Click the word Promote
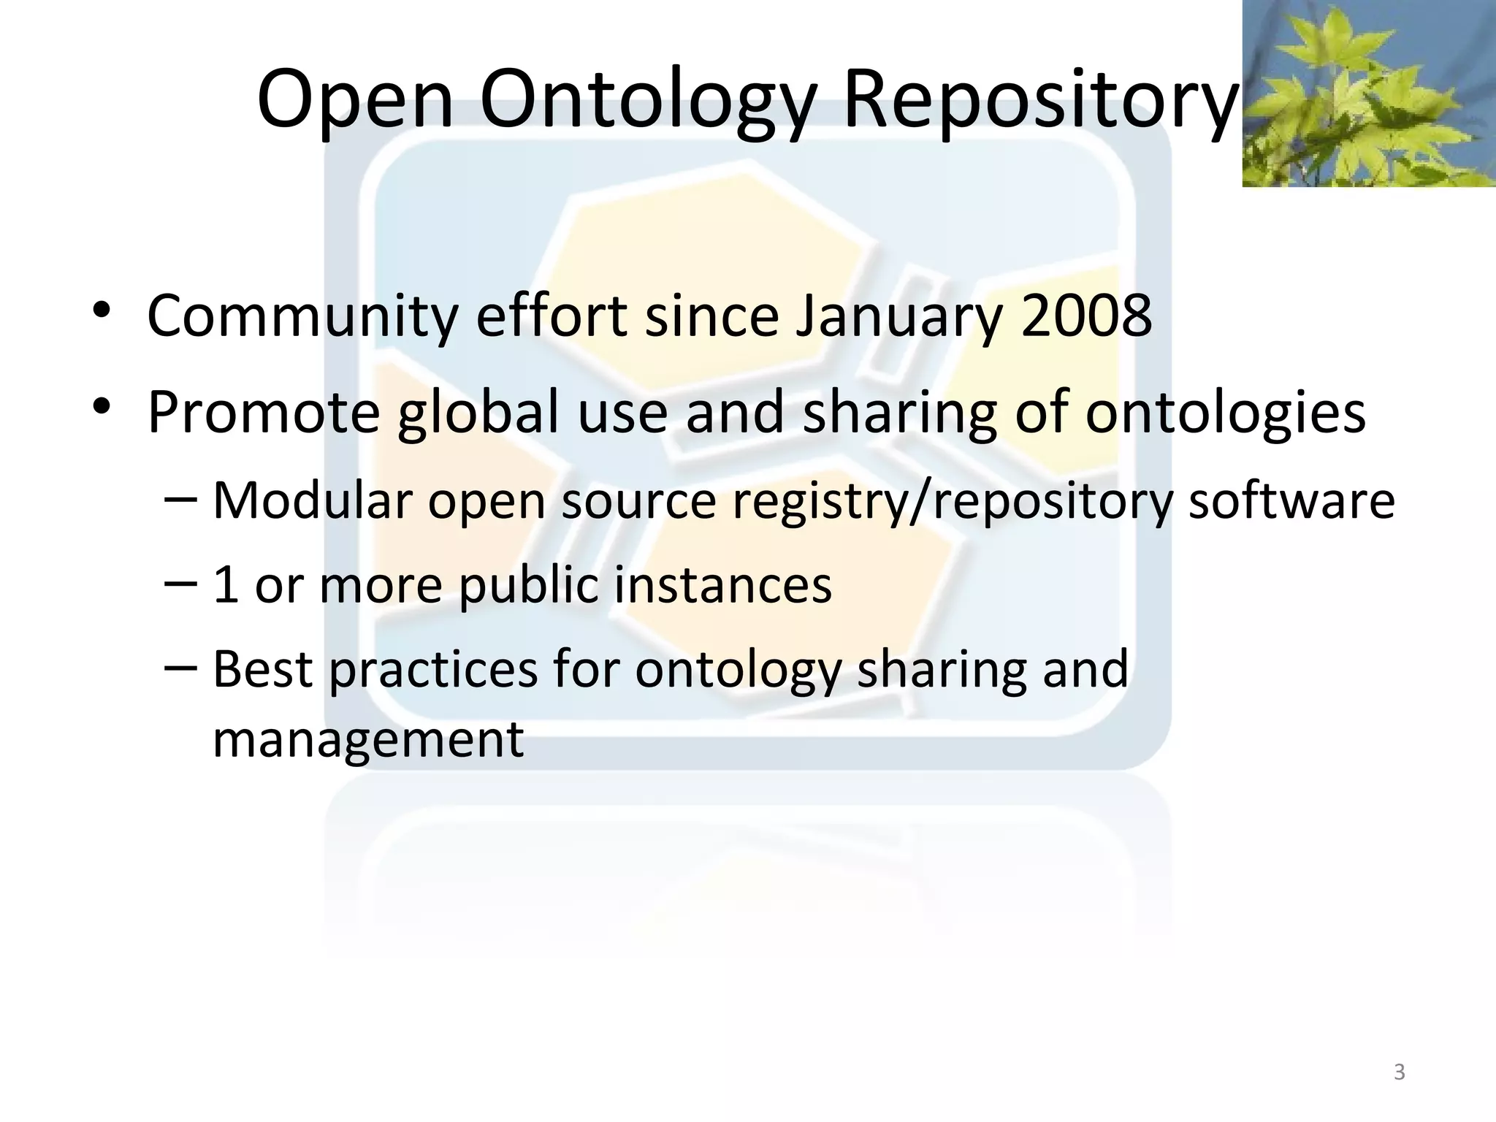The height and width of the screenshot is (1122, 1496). point(264,413)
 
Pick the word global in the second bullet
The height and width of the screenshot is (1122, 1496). point(479,413)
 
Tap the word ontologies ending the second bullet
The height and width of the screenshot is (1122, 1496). point(1225,413)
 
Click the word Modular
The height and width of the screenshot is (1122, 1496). point(312,501)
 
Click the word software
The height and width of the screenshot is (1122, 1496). point(1291,501)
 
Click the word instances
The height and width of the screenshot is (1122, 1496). point(722,586)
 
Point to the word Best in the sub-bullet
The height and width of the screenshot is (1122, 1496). point(263,669)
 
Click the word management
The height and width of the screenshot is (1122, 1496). point(368,739)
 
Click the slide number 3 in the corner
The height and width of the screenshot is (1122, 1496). point(1399,1072)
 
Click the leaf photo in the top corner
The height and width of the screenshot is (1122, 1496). point(1369,93)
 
